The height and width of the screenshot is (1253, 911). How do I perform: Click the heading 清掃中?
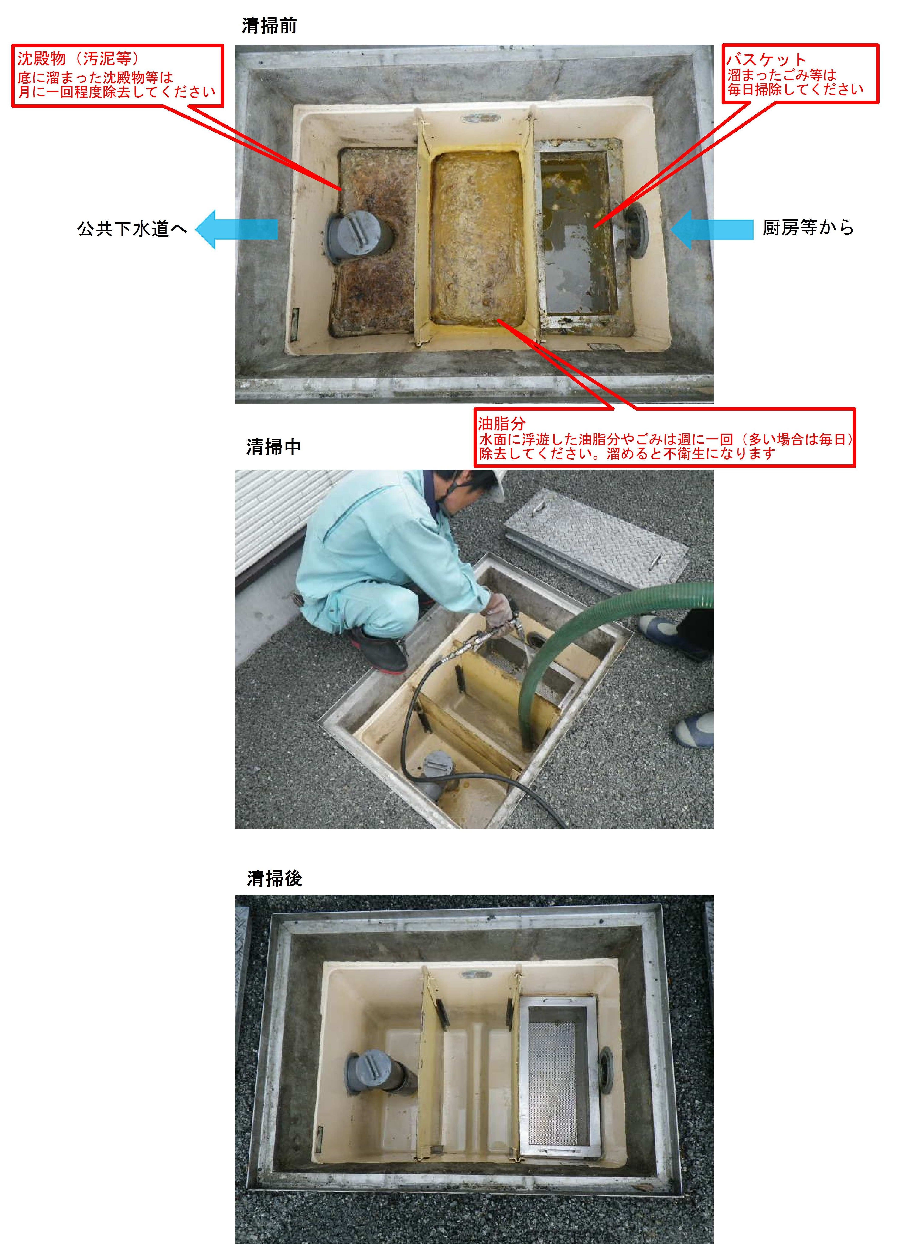point(273,447)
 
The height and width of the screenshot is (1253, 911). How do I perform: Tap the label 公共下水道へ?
point(132,229)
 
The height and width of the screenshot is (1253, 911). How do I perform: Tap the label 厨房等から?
point(808,228)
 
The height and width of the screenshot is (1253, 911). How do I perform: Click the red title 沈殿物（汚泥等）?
point(77,59)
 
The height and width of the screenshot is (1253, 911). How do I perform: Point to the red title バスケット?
point(766,59)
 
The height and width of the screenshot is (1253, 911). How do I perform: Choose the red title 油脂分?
point(501,424)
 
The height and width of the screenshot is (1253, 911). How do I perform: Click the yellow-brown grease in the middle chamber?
point(477,238)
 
